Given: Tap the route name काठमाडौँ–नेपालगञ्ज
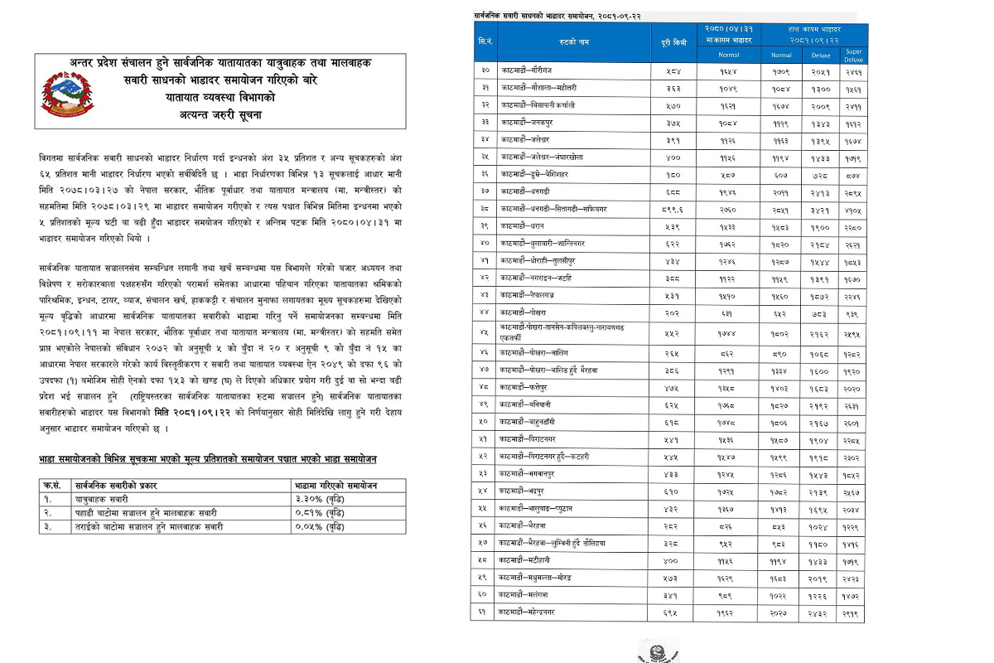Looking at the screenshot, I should point(531,295).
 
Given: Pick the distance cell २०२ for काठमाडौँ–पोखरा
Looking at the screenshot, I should point(673,312).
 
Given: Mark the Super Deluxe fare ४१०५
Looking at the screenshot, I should point(853,209).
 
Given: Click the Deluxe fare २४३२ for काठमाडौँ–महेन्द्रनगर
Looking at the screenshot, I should point(821,612).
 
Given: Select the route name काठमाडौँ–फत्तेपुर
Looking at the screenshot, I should point(527,387).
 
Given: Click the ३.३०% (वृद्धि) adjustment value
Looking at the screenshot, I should point(319,500).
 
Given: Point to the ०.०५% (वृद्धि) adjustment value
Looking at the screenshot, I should point(319,526).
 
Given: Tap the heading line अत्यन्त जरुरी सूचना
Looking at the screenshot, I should point(220,114).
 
